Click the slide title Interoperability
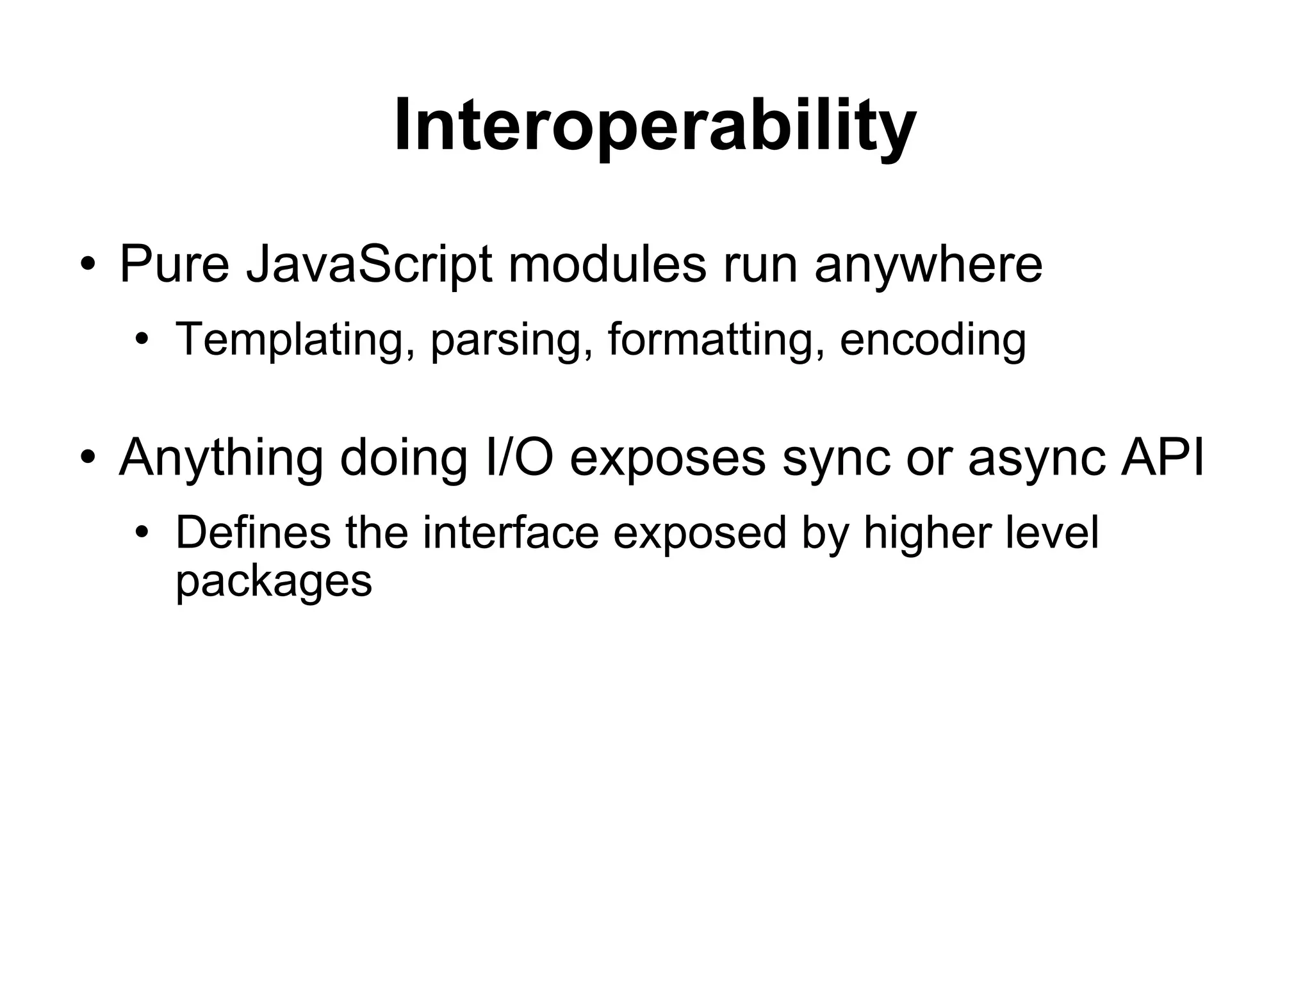(x=655, y=126)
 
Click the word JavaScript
(x=369, y=264)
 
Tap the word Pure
(x=174, y=264)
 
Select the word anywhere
(x=928, y=264)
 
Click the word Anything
(x=220, y=459)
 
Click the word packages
(x=274, y=582)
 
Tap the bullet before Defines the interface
(x=142, y=533)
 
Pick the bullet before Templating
(x=142, y=339)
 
